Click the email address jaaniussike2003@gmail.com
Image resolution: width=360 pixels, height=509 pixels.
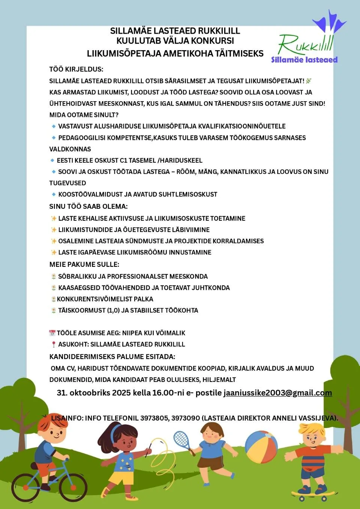277,393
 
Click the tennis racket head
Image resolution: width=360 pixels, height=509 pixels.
181,439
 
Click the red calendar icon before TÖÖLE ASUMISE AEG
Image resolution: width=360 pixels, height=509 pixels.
52,333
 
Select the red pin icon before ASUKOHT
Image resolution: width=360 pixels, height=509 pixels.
54,344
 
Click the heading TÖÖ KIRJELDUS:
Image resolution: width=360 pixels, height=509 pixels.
76,69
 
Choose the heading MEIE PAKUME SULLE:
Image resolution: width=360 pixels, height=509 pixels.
84,265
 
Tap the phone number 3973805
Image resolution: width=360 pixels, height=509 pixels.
154,418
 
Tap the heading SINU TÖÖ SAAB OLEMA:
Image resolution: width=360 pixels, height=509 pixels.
88,207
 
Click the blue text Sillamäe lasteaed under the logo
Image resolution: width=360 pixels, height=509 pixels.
304,60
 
